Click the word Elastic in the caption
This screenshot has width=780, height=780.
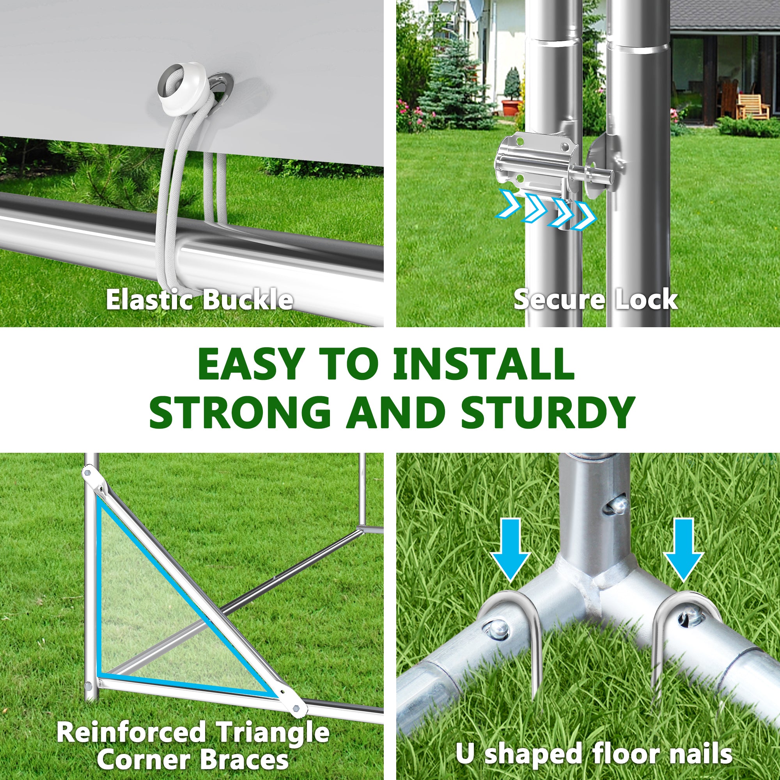[x=151, y=300]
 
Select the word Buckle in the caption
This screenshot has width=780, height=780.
[x=247, y=300]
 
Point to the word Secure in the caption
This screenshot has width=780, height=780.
[x=559, y=300]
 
